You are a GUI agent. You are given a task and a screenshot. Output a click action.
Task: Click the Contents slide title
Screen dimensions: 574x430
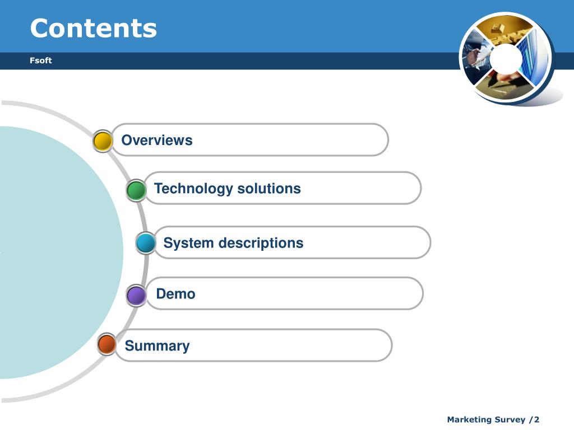coord(94,28)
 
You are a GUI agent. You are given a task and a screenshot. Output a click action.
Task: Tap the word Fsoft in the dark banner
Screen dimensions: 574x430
coord(40,60)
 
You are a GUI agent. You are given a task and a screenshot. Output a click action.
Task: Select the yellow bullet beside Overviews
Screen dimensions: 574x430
coord(103,141)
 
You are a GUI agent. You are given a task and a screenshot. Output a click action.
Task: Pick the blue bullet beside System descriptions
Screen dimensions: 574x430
coord(146,243)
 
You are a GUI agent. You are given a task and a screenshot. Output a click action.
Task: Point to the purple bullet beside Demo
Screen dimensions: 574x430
coord(136,295)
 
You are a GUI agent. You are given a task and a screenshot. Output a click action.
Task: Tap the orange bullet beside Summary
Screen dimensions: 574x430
coord(107,344)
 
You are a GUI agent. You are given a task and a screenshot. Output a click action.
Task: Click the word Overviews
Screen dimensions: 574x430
coord(157,140)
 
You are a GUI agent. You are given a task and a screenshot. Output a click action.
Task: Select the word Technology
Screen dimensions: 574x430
coord(193,189)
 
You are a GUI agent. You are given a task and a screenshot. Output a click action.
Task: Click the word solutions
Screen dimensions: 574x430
coord(269,188)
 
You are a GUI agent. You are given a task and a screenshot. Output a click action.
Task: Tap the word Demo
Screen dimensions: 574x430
coord(175,293)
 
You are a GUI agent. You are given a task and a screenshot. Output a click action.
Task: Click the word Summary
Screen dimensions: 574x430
coord(157,346)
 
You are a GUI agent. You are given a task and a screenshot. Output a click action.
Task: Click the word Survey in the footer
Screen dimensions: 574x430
coord(510,420)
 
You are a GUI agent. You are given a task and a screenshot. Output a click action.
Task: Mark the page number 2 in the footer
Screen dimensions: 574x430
coord(536,419)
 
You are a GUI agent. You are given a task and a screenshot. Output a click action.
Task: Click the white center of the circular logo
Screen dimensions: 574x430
coord(506,58)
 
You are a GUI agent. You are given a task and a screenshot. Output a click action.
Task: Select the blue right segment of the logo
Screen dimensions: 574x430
coord(534,58)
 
